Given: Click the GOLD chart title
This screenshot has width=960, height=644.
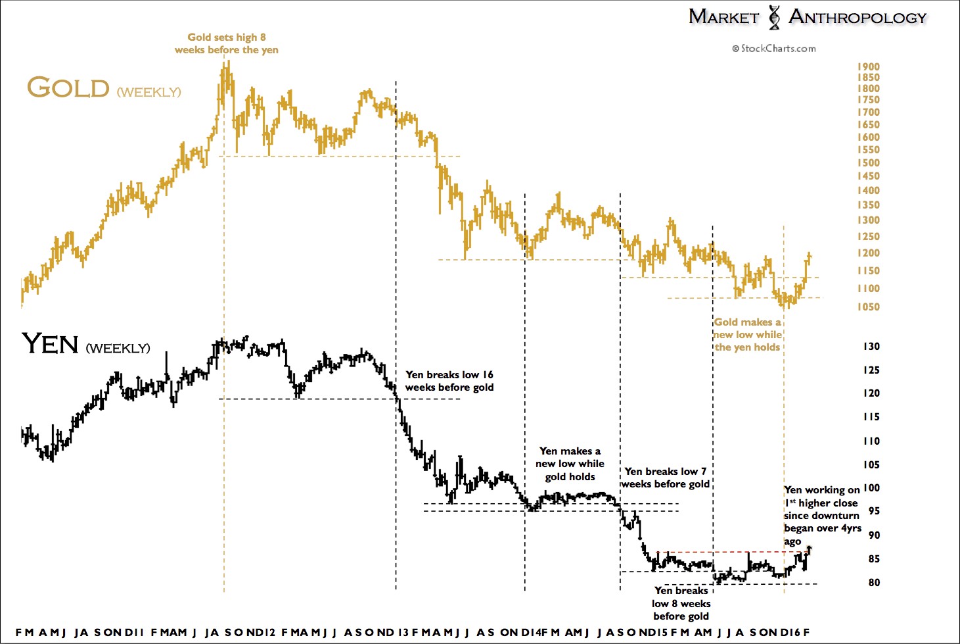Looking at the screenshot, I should pyautogui.click(x=68, y=87).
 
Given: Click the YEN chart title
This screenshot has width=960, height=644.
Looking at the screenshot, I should pyautogui.click(x=51, y=344).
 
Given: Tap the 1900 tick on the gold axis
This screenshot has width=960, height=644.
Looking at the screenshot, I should pyautogui.click(x=868, y=66).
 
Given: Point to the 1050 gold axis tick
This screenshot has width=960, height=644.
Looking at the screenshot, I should pyautogui.click(x=868, y=307).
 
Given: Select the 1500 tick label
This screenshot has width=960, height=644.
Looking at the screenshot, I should pyautogui.click(x=868, y=162).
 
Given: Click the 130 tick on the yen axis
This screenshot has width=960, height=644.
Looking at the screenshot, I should pyautogui.click(x=871, y=347).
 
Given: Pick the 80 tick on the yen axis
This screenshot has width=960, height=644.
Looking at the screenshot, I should pyautogui.click(x=874, y=582).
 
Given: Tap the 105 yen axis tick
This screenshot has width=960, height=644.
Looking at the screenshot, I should pyautogui.click(x=871, y=464).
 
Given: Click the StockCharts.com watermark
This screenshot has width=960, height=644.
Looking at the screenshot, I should pyautogui.click(x=774, y=49).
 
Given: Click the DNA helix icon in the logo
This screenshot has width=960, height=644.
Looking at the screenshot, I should pyautogui.click(x=775, y=17).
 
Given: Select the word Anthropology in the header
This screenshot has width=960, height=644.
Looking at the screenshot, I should pyautogui.click(x=857, y=17).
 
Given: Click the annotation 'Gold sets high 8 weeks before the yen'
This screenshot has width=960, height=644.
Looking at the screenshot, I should pyautogui.click(x=227, y=43).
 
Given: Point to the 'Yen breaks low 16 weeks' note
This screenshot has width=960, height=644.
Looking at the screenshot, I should pyautogui.click(x=449, y=381).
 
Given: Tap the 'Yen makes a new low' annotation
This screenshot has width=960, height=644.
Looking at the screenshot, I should pyautogui.click(x=570, y=464).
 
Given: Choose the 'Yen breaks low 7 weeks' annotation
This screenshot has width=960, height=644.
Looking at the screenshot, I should pyautogui.click(x=666, y=478).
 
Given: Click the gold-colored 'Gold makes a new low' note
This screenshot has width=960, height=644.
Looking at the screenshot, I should pyautogui.click(x=747, y=334).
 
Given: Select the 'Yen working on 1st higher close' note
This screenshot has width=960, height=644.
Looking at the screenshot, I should pyautogui.click(x=822, y=515).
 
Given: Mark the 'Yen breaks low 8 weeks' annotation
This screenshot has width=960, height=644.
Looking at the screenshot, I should pyautogui.click(x=681, y=603).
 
